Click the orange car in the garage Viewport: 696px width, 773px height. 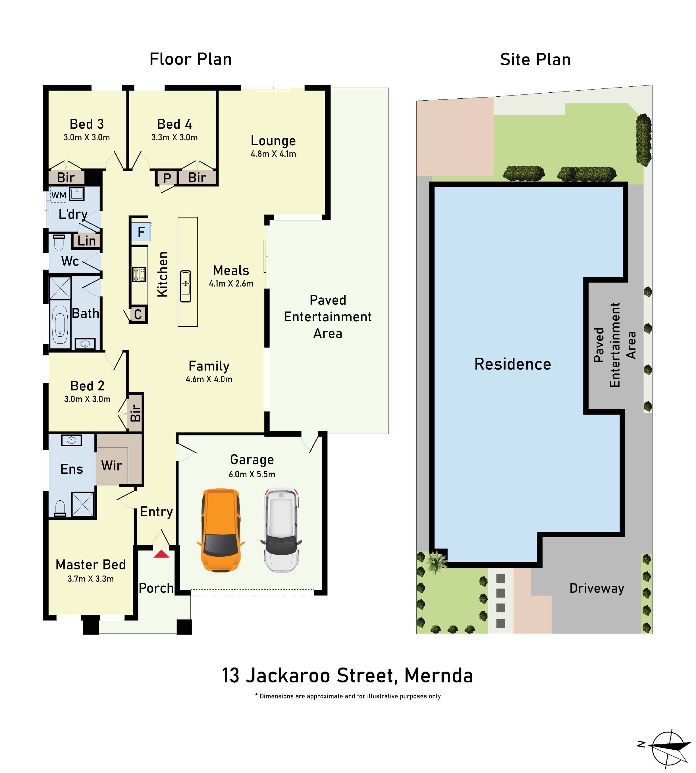coord(220,530)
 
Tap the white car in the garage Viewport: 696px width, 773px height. coord(281,530)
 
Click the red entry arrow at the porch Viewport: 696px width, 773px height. coord(161,554)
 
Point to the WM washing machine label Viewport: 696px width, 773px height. coord(59,195)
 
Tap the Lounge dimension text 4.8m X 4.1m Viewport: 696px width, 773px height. coord(273,154)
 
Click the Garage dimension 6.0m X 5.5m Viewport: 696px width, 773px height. coord(252,474)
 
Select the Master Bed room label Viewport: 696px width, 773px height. coord(90,565)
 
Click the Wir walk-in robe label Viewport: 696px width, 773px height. coord(111,466)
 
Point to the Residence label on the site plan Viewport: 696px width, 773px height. coord(512,364)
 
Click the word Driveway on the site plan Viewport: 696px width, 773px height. coord(597,588)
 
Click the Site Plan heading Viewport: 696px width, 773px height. coord(535,60)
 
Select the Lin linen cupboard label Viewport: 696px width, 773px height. coord(86,241)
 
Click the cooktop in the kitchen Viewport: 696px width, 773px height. coord(139,274)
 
